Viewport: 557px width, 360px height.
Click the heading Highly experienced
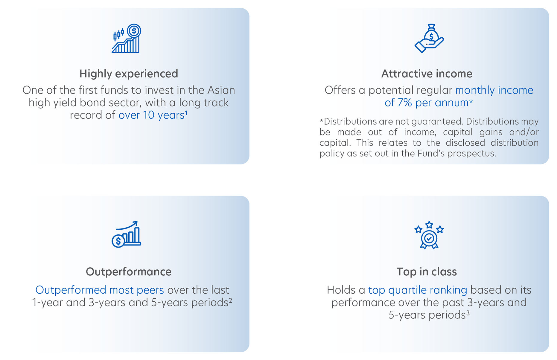click(129, 74)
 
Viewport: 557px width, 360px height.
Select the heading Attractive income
click(427, 74)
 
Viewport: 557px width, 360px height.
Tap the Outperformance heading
click(129, 271)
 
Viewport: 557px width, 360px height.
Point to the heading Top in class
click(427, 271)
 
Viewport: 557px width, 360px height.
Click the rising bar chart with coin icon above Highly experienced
click(126, 39)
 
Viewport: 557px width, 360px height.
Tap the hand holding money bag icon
click(429, 38)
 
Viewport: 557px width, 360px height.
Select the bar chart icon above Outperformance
click(126, 234)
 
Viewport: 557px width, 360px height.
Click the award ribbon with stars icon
click(429, 235)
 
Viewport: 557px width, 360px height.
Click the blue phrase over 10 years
click(151, 115)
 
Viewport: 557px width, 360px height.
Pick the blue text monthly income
click(494, 90)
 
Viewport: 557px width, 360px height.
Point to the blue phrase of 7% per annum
click(427, 103)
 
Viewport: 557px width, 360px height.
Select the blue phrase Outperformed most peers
click(100, 290)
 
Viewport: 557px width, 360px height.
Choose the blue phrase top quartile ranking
click(418, 290)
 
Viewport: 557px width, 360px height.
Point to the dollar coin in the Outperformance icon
click(118, 241)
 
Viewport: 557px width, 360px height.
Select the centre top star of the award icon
click(429, 225)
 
